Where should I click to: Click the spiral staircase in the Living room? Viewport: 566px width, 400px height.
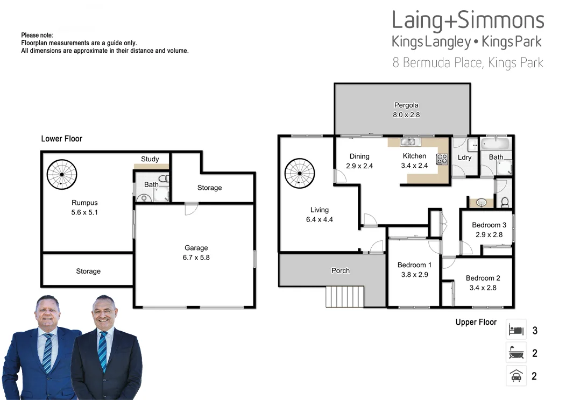coord(300,173)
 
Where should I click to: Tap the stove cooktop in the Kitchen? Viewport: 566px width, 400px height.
coord(442,159)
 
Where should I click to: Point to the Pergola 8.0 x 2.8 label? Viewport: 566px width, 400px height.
coord(406,110)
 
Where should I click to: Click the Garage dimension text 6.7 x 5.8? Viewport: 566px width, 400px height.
coord(196,258)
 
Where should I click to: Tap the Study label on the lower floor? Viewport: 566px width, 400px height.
coord(150,159)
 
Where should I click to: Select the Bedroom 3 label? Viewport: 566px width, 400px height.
coord(489,225)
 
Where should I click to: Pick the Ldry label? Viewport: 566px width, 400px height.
coord(464,158)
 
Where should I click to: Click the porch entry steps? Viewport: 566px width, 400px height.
coord(345,296)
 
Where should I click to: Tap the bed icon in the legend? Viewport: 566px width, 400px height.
coord(516,330)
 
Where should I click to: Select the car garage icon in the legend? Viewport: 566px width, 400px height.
coord(516,375)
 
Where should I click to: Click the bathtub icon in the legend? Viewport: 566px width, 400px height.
coord(516,353)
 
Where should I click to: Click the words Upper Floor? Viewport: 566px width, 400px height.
coord(476,322)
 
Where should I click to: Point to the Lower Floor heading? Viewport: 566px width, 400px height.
coord(62,139)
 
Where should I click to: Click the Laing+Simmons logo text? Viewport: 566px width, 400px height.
coord(468,22)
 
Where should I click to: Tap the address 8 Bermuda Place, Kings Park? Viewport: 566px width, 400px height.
coord(468,63)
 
